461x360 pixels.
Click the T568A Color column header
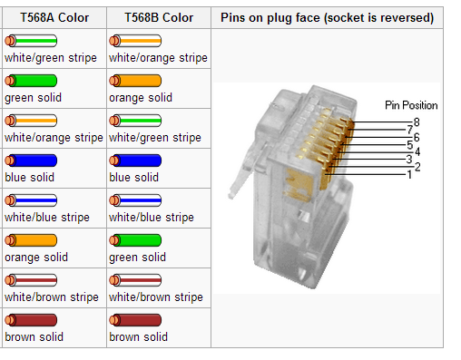54,17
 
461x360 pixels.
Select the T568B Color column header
159,17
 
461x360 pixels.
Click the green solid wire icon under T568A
31,81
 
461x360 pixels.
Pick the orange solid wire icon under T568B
135,81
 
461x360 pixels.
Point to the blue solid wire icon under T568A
31,161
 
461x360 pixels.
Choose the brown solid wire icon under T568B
135,320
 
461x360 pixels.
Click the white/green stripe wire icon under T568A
31,41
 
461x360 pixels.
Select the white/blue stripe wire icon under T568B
135,200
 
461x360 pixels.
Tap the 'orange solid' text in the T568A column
36,258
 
